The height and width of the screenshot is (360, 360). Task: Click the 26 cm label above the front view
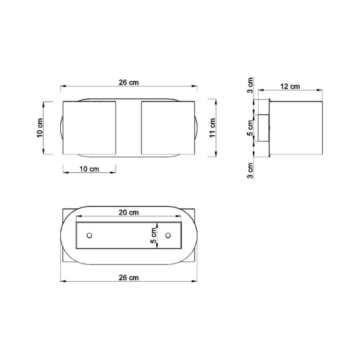pos(128,82)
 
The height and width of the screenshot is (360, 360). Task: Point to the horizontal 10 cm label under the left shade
pos(89,169)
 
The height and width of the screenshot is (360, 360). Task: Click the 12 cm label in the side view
pos(290,86)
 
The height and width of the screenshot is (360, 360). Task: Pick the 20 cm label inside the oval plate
pos(129,212)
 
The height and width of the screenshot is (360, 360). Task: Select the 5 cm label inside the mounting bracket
pos(154,235)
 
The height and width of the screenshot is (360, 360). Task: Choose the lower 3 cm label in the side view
pos(251,170)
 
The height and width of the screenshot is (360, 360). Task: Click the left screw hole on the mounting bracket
pos(90,235)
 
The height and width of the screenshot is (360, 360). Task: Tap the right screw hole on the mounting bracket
pos(168,235)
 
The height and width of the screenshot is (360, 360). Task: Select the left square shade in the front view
pos(89,128)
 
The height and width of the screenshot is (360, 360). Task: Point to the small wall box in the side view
pos(263,128)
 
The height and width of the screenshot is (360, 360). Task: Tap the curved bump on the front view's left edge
pos(60,128)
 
